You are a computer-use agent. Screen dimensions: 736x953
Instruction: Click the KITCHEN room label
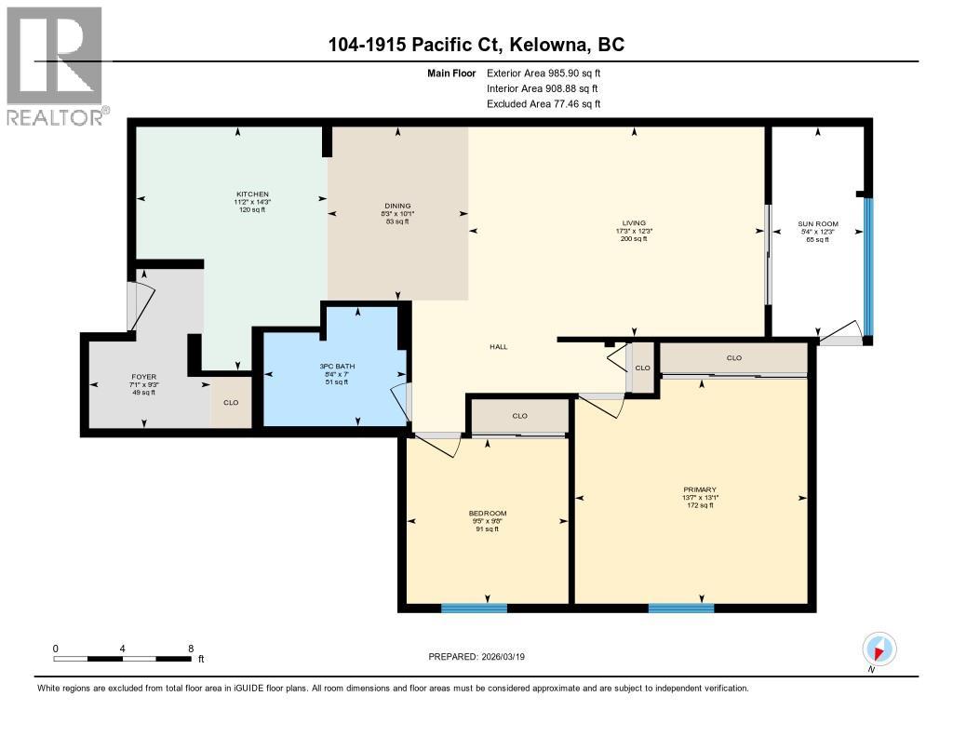[x=252, y=194]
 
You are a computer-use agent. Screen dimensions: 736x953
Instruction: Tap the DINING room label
[x=398, y=207]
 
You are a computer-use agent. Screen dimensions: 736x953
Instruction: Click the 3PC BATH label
[x=334, y=366]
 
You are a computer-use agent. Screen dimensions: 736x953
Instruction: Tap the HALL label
[x=499, y=347]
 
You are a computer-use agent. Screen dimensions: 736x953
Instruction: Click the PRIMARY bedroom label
[x=699, y=489]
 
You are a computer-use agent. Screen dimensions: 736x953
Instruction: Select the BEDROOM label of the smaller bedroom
[x=488, y=514]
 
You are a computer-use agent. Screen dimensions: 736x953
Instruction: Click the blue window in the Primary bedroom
[x=680, y=609]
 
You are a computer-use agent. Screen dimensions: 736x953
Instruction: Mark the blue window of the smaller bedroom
[x=474, y=609]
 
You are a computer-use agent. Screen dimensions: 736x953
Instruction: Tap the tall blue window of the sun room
[x=867, y=265]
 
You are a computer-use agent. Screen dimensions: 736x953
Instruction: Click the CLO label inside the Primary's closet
[x=733, y=357]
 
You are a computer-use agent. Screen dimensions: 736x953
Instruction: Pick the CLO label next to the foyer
[x=231, y=403]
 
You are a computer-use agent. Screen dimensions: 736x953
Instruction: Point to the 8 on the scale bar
[x=191, y=648]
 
